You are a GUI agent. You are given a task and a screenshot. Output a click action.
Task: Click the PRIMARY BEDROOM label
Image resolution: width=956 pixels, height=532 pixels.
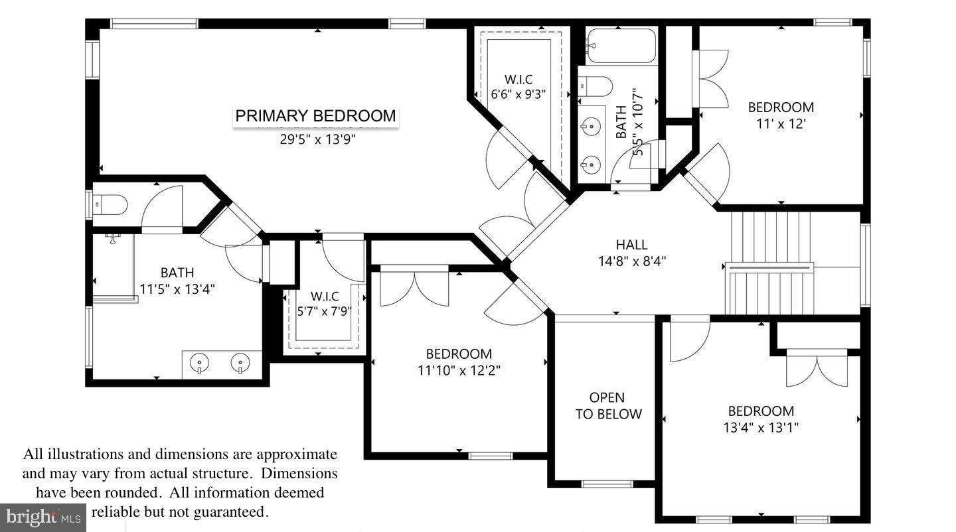coord(316,116)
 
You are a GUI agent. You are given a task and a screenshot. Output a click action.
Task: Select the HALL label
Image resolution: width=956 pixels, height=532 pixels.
coord(631,245)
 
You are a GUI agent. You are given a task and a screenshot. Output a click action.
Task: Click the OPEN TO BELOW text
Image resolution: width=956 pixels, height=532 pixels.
coord(608,406)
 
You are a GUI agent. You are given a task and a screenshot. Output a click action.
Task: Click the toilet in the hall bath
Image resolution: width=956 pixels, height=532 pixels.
coord(596,86)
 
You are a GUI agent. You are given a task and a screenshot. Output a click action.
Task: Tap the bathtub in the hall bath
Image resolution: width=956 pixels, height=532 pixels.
coord(621,45)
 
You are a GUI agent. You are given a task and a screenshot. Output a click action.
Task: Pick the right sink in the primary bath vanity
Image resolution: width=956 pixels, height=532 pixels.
coord(240,363)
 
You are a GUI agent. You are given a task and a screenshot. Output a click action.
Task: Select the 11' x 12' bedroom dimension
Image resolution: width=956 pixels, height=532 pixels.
coord(781,123)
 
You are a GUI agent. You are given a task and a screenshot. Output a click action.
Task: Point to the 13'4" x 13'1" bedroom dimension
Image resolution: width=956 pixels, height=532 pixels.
coord(761,428)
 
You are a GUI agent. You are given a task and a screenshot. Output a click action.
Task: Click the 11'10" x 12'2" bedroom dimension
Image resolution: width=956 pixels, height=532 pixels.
coord(459,371)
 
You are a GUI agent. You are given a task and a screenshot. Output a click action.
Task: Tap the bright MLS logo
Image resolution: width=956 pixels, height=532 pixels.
coord(43,517)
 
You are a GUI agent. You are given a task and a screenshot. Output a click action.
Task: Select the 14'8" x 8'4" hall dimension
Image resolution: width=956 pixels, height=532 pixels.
coord(631,261)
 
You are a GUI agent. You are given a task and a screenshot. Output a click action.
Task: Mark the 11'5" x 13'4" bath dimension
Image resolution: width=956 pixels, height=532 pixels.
coord(177,289)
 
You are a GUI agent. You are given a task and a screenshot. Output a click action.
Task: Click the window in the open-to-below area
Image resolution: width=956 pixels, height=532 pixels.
coord(607,484)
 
